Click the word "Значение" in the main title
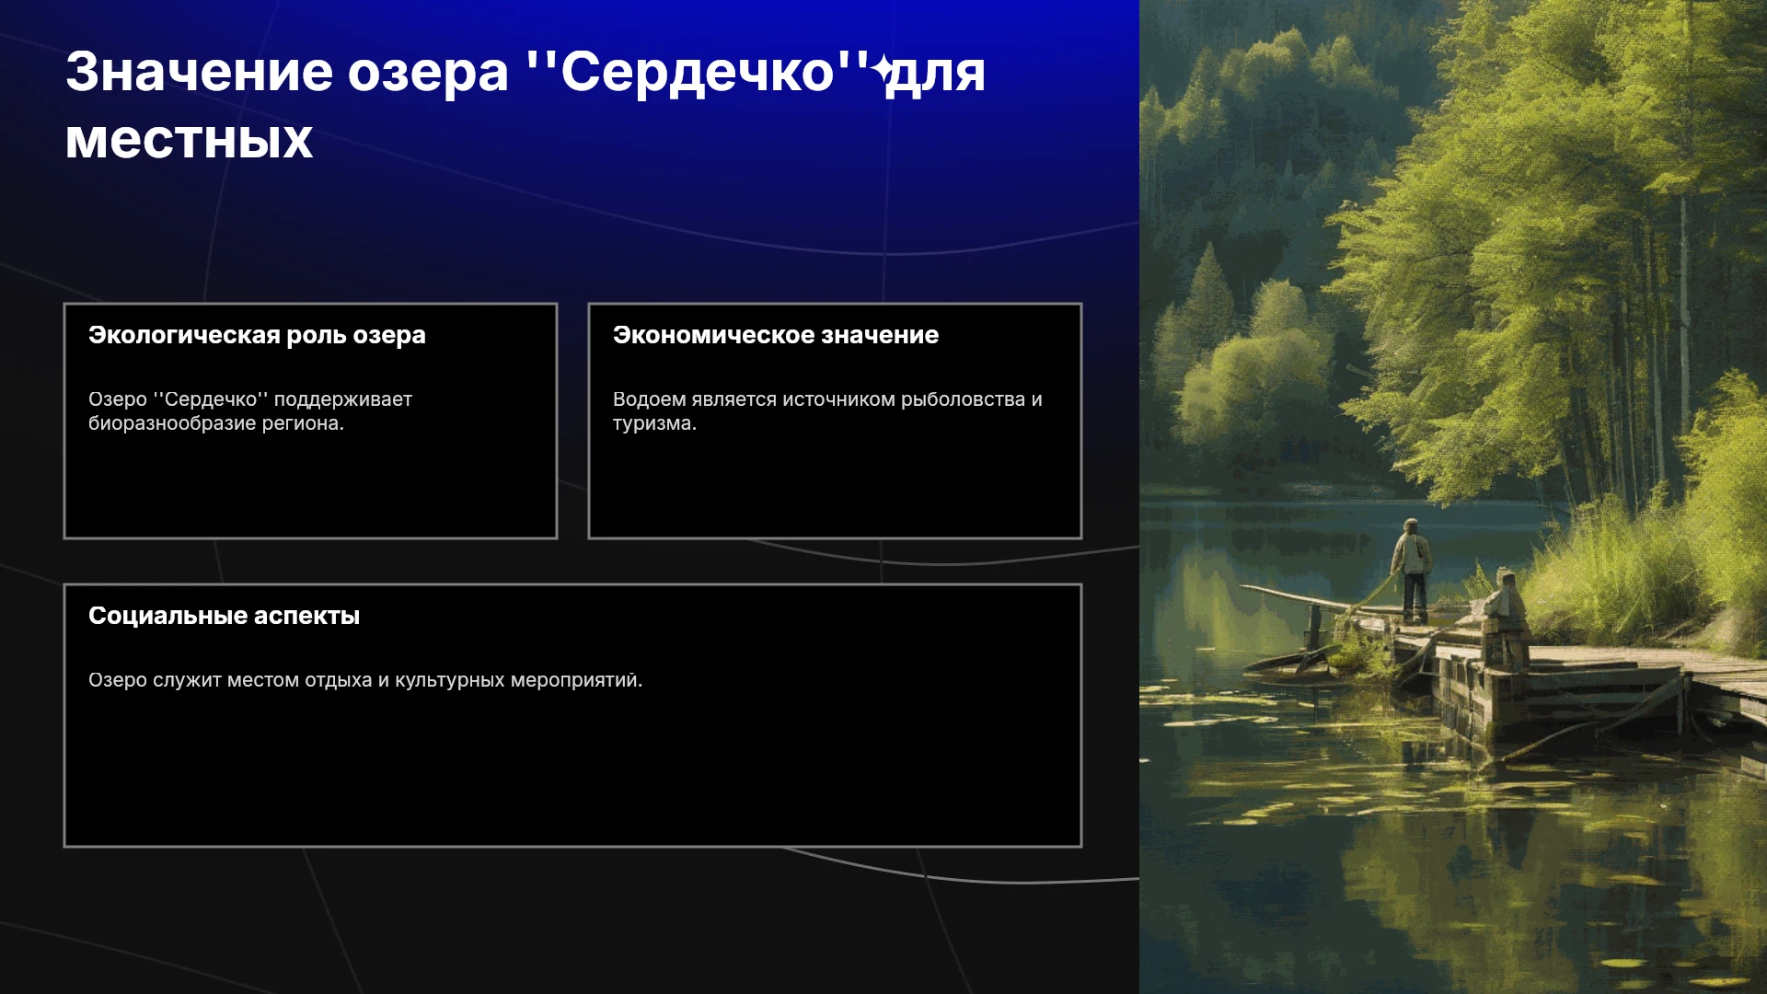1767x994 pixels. coord(199,72)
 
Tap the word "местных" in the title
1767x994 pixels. coord(190,141)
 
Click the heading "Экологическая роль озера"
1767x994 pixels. coord(257,335)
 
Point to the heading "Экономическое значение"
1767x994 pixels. coord(776,335)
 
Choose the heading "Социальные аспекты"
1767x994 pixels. coord(224,616)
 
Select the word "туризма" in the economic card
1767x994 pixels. coord(654,423)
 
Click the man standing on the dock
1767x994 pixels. coord(1412,571)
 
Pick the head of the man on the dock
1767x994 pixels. coord(1410,526)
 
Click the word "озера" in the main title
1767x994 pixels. coord(428,74)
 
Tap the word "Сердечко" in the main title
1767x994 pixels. coord(697,72)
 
